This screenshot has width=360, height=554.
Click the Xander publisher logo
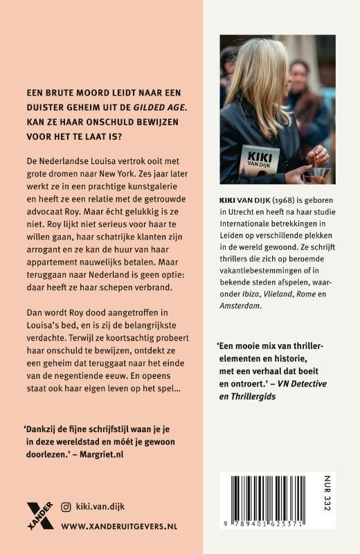40,514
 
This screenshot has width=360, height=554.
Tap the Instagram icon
66,507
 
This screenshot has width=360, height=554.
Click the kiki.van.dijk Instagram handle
103,507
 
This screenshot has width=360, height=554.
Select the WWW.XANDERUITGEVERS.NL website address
119,526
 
